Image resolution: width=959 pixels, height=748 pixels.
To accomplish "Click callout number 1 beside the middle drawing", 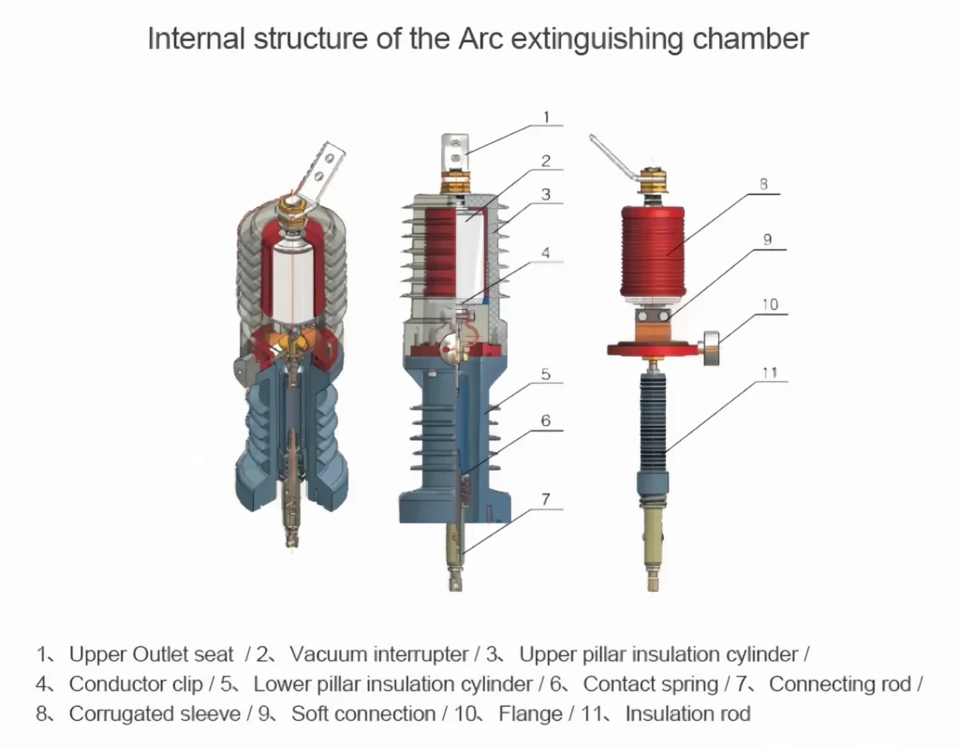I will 546,117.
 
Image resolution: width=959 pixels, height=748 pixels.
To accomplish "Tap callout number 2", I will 546,161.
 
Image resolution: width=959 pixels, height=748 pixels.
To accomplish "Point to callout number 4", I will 546,253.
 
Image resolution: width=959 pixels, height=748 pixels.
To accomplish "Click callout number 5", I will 546,374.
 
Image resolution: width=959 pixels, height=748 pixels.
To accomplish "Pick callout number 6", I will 546,421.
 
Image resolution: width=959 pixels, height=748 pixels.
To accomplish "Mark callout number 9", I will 767,240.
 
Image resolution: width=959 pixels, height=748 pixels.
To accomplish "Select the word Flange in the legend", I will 529,714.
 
